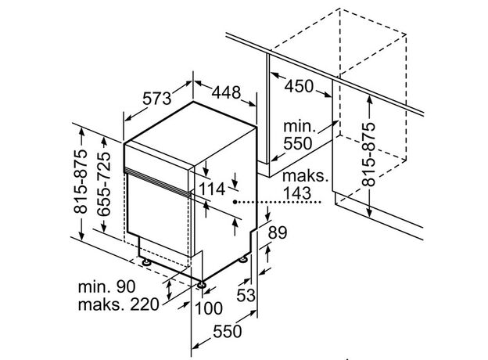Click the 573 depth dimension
(157, 99)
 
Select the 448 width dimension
(226, 92)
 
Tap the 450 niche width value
(299, 86)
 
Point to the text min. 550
(298, 135)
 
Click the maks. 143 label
(305, 185)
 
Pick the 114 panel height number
(212, 189)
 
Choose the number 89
(278, 232)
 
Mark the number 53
(246, 295)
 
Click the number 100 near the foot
(208, 308)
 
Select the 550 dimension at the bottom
(228, 331)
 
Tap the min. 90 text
(106, 286)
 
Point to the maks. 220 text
(119, 304)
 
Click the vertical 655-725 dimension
(104, 184)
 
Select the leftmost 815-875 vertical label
(81, 182)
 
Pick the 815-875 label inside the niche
(368, 154)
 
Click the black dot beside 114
(235, 202)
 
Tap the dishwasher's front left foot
(145, 262)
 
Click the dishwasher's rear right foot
(243, 259)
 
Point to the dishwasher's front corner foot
(201, 285)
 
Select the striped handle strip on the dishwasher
(157, 182)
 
